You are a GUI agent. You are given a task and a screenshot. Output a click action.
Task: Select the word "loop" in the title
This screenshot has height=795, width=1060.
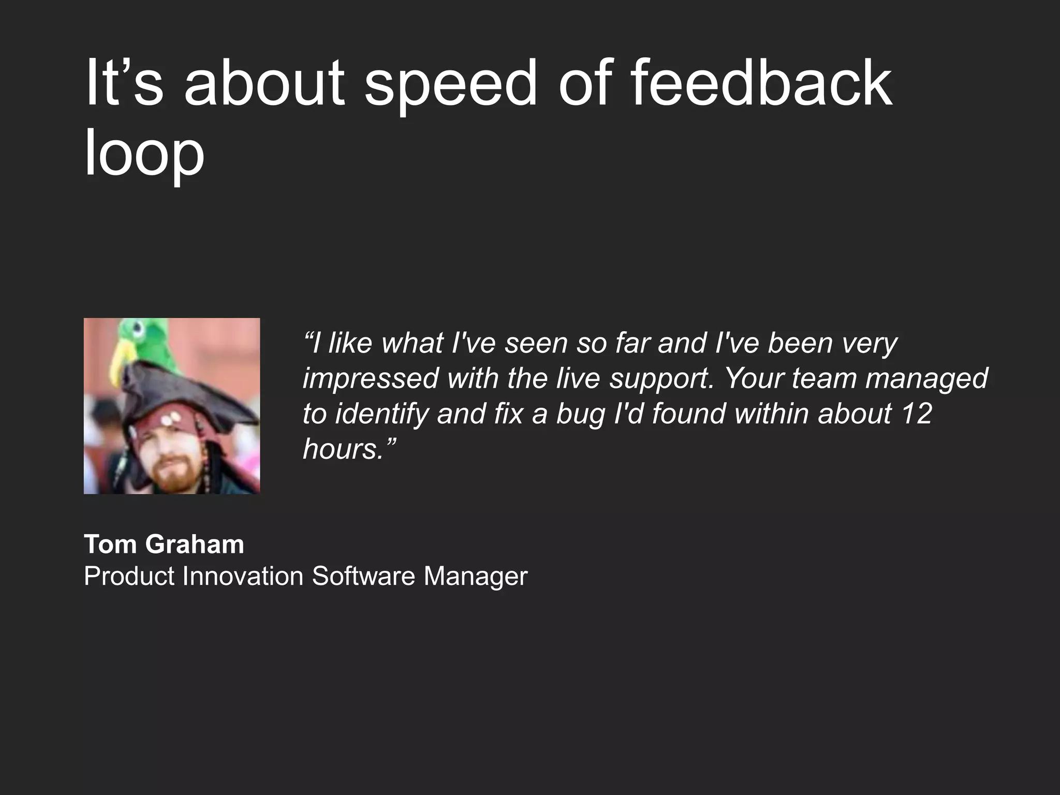(144, 153)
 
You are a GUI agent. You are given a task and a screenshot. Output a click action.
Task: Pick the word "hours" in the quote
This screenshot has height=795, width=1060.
(342, 448)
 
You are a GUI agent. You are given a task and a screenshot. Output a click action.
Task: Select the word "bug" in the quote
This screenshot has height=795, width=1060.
(580, 415)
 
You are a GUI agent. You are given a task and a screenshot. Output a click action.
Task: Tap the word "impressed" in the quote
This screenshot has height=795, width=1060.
(371, 379)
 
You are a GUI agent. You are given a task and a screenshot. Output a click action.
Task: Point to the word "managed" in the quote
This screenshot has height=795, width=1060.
(927, 379)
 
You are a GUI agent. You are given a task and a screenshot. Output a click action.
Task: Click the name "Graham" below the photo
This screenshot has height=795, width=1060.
(194, 544)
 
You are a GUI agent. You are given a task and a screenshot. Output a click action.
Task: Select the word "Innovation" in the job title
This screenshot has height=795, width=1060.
(243, 576)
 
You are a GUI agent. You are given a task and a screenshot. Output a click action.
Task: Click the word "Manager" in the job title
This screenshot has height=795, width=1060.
(475, 576)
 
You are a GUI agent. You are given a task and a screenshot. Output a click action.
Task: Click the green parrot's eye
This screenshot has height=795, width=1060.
(138, 328)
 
